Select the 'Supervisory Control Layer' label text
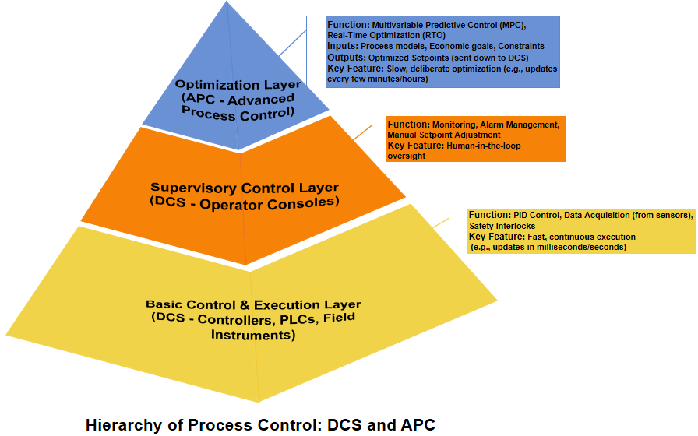click(245, 187)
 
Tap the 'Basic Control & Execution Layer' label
click(253, 304)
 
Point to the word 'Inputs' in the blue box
click(343, 47)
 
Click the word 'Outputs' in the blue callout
click(346, 58)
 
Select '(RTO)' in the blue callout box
click(430, 36)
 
